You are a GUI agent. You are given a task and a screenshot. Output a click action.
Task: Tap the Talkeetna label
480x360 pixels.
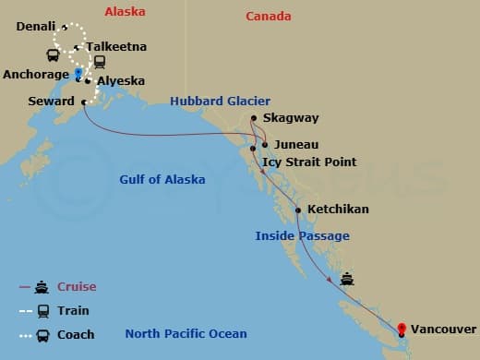pos(115,46)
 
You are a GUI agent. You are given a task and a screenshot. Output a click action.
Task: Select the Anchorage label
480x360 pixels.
pos(36,74)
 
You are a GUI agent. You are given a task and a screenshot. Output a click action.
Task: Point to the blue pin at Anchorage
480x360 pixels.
pos(78,70)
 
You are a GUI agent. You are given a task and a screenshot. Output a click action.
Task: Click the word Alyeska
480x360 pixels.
pos(121,81)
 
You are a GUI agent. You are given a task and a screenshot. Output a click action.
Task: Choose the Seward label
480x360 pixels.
pos(52,102)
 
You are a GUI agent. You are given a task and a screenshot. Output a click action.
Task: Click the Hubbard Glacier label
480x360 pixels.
pos(219,101)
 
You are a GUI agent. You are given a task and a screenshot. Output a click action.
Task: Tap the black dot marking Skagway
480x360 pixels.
pos(254,117)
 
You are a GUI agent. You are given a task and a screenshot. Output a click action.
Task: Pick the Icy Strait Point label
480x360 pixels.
pos(309,162)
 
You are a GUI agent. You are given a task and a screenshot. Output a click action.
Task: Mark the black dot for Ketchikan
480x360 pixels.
pos(298,210)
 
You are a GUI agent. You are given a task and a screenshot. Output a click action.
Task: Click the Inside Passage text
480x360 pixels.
pos(302,236)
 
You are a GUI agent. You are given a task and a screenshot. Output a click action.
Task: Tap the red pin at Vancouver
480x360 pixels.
pos(402,328)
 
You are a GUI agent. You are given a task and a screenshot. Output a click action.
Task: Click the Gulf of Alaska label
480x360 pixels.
pos(162,179)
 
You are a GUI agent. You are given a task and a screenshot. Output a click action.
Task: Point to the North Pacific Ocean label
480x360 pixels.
pos(186,334)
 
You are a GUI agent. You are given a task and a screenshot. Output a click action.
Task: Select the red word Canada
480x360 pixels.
pos(269,17)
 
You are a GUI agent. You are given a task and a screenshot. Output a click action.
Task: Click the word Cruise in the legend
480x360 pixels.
pos(77,287)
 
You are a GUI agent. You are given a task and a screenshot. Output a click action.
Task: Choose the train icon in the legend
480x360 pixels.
pos(42,311)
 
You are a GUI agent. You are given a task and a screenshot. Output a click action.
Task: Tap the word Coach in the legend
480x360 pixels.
pos(76,335)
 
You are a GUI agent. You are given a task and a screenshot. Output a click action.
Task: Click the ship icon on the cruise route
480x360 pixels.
pos(346,279)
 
